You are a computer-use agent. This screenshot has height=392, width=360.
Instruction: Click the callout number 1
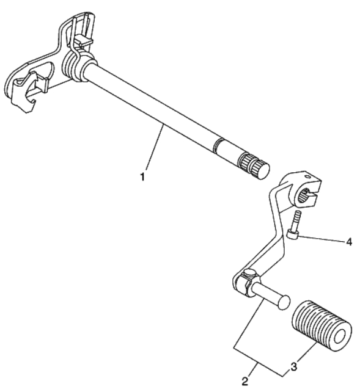coord(142,176)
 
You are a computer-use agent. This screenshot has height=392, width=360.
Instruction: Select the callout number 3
coord(294,367)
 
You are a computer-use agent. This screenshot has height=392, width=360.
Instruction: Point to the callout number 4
coord(349,242)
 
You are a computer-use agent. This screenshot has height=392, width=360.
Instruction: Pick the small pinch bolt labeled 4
coord(295,225)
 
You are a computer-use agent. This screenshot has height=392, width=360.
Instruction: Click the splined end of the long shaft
coord(254,166)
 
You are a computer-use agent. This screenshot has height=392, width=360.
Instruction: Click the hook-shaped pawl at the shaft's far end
coord(24,95)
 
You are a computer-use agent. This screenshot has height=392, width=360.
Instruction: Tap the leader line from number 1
coord(154,148)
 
